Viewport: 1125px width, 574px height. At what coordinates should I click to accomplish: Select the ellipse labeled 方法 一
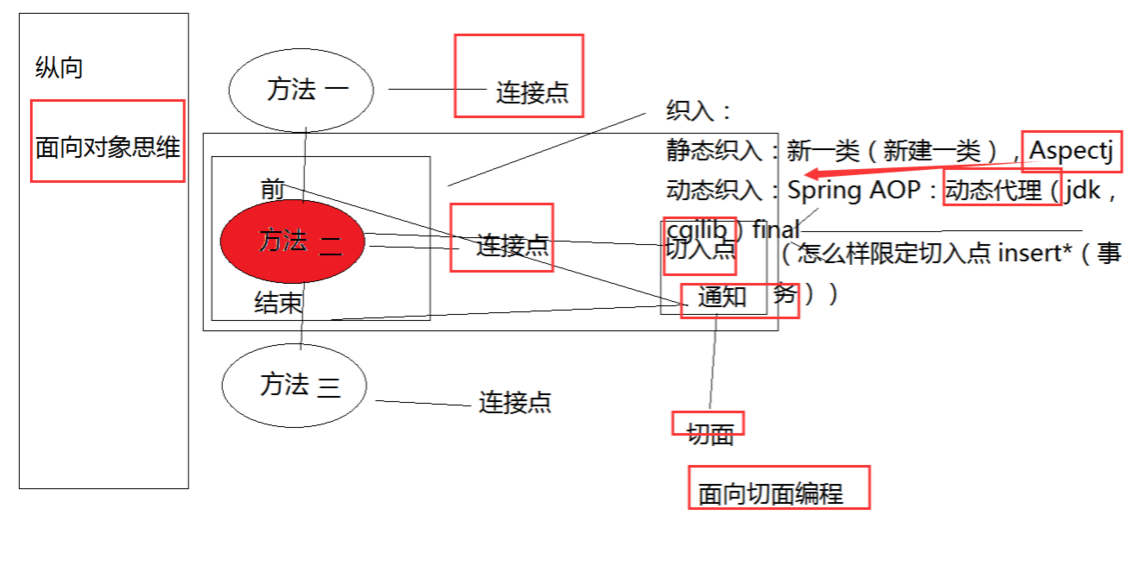click(301, 90)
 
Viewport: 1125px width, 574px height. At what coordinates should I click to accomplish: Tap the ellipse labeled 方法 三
click(294, 385)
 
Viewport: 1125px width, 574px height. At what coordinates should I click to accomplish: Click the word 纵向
click(59, 69)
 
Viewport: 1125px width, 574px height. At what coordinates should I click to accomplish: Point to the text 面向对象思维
click(108, 148)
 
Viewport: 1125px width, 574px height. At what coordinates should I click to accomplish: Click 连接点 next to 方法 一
click(532, 92)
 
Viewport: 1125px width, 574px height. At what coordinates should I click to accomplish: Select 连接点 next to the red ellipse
click(512, 245)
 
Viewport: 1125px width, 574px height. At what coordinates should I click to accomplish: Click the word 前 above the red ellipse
click(272, 188)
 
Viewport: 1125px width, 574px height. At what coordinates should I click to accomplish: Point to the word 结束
click(279, 303)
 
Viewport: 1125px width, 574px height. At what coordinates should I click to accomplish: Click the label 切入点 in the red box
click(700, 249)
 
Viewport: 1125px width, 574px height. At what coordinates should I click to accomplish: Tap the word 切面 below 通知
click(710, 433)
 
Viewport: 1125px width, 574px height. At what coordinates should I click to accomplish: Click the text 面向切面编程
click(770, 494)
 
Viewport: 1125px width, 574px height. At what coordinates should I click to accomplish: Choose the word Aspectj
click(1070, 151)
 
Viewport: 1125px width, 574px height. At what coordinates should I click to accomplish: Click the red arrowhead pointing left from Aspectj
click(812, 173)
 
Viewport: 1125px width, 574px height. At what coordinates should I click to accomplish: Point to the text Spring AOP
click(853, 190)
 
